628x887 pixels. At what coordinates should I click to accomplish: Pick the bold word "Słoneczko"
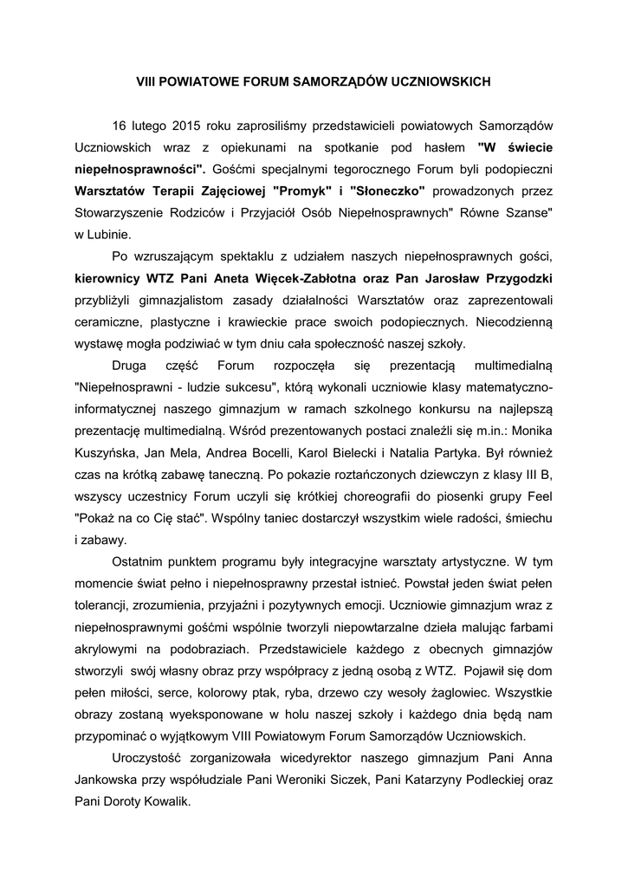387,189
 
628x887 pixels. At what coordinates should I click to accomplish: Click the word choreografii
347,495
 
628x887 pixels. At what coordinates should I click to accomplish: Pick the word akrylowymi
109,648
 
